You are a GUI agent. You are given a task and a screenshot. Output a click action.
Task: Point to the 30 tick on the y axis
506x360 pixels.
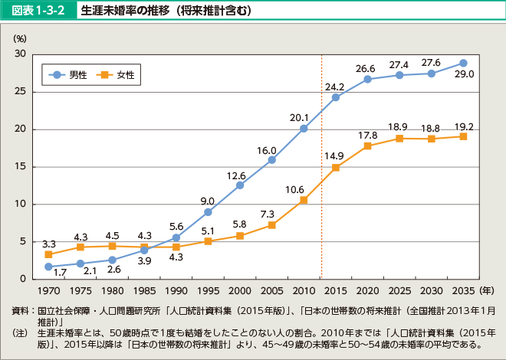point(20,54)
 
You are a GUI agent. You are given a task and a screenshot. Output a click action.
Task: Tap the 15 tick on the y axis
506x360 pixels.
point(20,166)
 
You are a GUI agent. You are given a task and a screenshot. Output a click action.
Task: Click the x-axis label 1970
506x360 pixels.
point(48,291)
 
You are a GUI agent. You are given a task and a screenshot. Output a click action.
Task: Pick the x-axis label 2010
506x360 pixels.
point(304,291)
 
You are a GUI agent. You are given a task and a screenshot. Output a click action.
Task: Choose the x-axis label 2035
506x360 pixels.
point(463,291)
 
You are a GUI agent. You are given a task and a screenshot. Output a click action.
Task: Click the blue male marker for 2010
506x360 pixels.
point(304,129)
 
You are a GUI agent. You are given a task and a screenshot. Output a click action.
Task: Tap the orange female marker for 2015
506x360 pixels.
point(336,168)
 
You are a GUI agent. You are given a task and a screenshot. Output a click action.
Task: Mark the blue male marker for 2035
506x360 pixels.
point(463,63)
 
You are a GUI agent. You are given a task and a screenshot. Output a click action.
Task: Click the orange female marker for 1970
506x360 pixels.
point(48,254)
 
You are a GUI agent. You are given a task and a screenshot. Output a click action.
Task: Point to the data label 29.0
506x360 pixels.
point(464,74)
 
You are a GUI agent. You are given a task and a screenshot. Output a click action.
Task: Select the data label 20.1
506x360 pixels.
point(299,117)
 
